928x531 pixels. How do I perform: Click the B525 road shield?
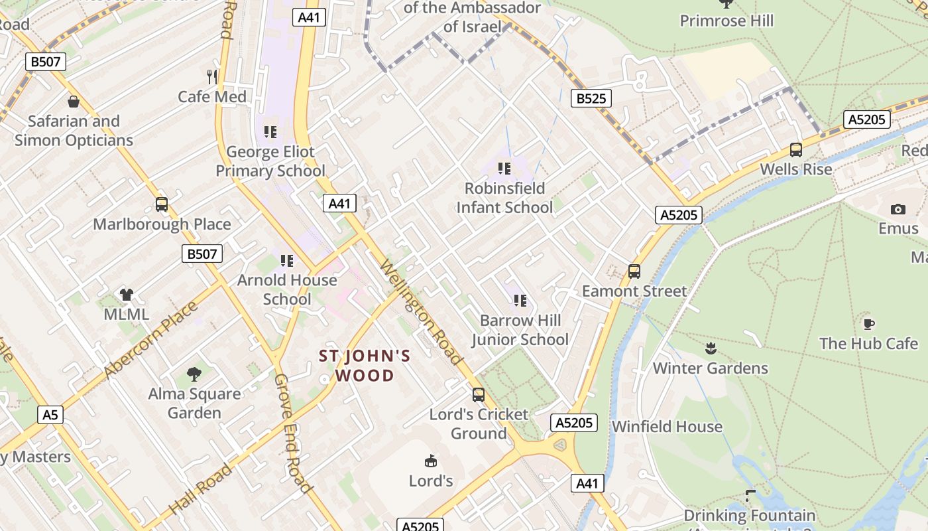click(x=591, y=99)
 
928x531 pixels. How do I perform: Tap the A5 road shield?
click(x=50, y=415)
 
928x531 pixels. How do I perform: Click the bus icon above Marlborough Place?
click(x=162, y=204)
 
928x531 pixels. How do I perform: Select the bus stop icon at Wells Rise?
click(x=796, y=150)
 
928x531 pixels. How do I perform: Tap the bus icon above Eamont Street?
click(x=634, y=271)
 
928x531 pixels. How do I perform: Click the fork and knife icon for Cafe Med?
click(x=212, y=76)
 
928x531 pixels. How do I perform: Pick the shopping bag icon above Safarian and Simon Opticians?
click(x=73, y=102)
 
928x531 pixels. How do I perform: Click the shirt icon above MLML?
click(x=127, y=294)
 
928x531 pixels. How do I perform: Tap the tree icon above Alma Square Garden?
click(x=194, y=374)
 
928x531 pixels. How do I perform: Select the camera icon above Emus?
click(x=898, y=209)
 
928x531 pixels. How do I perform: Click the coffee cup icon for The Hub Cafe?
click(x=868, y=324)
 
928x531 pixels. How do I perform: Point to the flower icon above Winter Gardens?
click(x=711, y=348)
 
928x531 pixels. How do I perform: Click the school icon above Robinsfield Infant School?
click(x=504, y=169)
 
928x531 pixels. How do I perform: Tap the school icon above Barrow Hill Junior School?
click(x=520, y=301)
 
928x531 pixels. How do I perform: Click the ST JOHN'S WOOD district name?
click(x=365, y=366)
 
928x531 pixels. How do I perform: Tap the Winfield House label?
click(x=667, y=426)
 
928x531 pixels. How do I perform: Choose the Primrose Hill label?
click(x=726, y=21)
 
